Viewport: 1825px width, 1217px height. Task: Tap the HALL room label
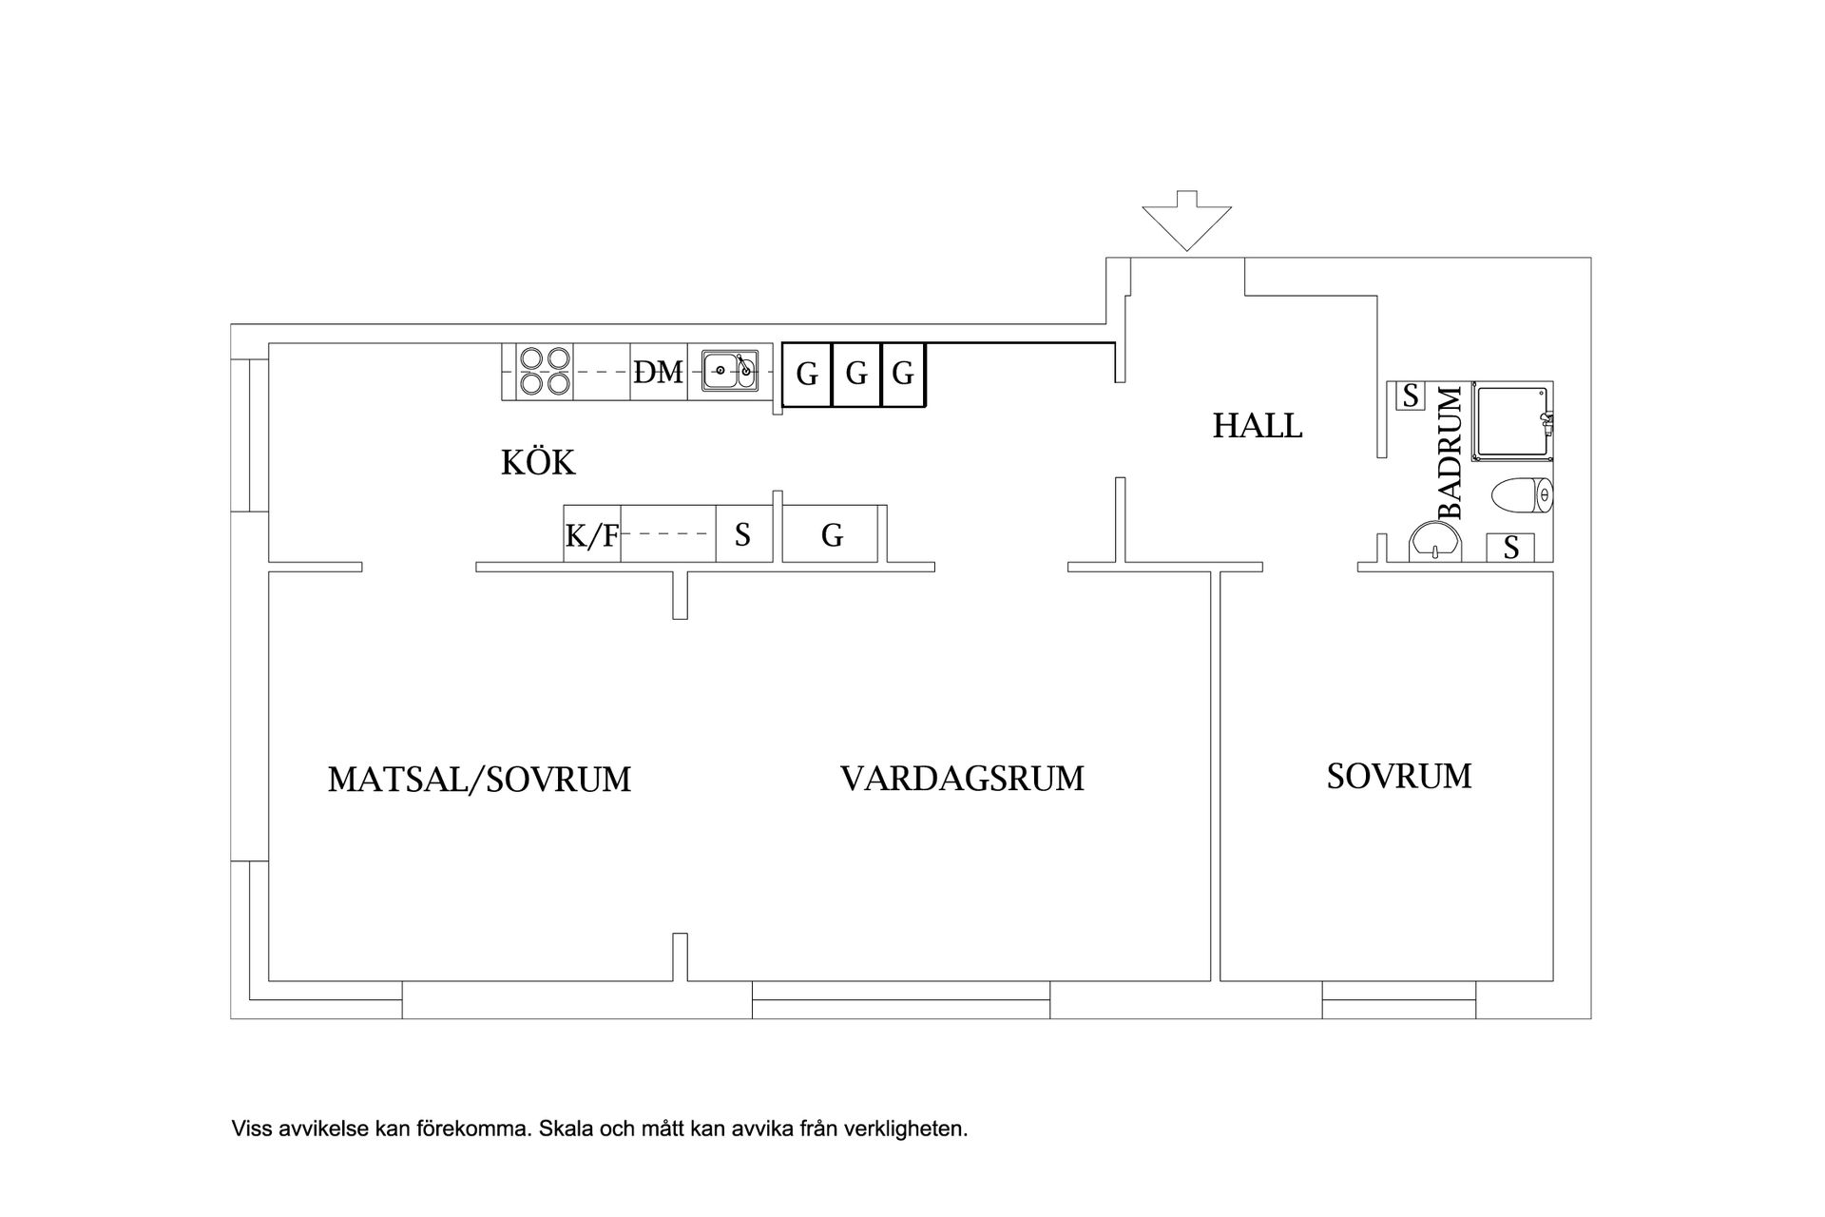(1257, 425)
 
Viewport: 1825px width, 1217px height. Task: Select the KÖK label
(538, 463)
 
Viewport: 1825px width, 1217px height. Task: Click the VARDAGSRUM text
(962, 779)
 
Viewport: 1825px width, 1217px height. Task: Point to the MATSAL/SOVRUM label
(479, 780)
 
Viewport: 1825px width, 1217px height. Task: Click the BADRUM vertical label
(1450, 453)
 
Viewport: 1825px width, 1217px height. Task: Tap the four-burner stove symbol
(545, 372)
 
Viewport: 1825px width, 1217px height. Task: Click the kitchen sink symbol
(730, 371)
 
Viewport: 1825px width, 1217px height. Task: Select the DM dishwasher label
(659, 373)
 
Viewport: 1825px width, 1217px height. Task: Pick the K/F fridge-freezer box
(591, 536)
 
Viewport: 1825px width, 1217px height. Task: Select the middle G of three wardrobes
(856, 375)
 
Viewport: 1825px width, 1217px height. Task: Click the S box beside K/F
(742, 535)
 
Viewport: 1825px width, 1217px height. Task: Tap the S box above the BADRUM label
(1411, 395)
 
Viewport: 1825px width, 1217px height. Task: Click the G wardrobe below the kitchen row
(833, 535)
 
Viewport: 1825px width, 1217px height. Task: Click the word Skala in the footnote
(564, 1130)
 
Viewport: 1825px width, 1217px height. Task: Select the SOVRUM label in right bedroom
(1398, 777)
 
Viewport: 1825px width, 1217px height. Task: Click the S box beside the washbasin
(1510, 548)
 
